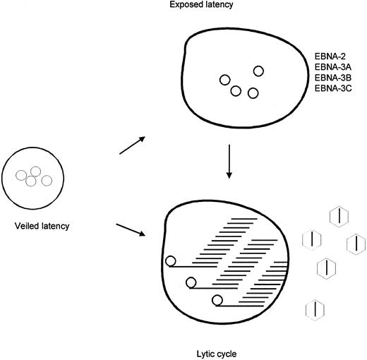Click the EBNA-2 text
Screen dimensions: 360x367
coord(327,54)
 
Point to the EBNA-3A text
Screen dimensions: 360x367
coord(329,66)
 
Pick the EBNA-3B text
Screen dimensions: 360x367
coord(329,77)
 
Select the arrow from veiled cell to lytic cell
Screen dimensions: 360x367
coord(131,232)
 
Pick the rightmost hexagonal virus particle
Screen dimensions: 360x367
coord(356,244)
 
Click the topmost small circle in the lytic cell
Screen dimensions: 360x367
coord(170,263)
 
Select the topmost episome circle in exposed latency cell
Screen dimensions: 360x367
coord(258,70)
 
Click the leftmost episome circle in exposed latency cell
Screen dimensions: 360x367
coord(224,80)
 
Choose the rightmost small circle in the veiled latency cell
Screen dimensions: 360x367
coord(47,181)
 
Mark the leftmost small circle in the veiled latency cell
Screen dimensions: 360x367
coord(23,174)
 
